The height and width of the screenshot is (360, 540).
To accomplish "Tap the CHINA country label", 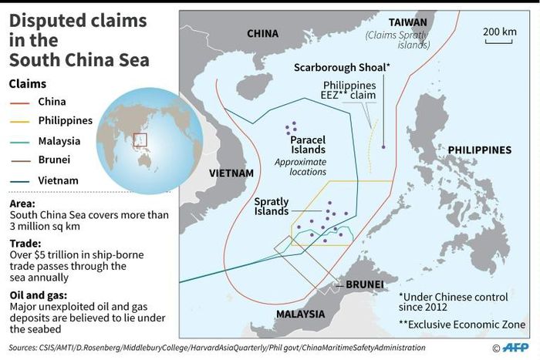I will click(262, 33).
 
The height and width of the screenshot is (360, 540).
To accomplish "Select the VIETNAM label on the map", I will click(231, 173).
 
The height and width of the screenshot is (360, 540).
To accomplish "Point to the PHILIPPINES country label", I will click(480, 150).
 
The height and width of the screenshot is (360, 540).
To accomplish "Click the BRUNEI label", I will click(366, 284).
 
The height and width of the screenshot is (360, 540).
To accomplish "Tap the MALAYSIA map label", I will click(301, 314).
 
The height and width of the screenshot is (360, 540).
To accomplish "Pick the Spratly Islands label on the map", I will click(272, 206).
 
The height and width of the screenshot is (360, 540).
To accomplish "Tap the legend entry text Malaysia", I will click(59, 141).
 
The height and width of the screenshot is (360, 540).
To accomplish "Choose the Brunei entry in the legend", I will click(54, 160).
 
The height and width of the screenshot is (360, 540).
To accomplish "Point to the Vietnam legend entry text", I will click(58, 180).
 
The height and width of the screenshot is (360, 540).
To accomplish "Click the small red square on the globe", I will click(140, 140).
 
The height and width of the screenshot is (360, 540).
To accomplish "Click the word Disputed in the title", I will click(48, 23).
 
